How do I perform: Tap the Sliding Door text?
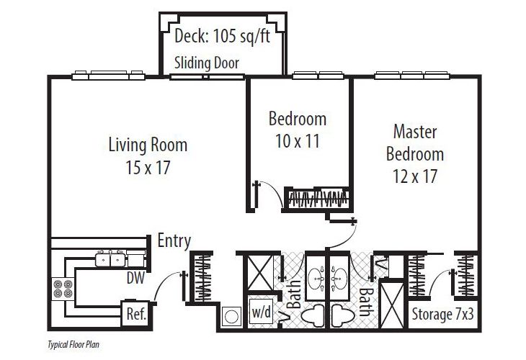point(206,63)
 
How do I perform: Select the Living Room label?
point(148,145)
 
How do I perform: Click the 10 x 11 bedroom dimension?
point(298,140)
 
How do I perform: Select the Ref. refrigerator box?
point(135,313)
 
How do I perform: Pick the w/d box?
point(260,313)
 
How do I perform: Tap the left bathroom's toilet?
point(313,315)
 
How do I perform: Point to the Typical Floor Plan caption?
point(73,345)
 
